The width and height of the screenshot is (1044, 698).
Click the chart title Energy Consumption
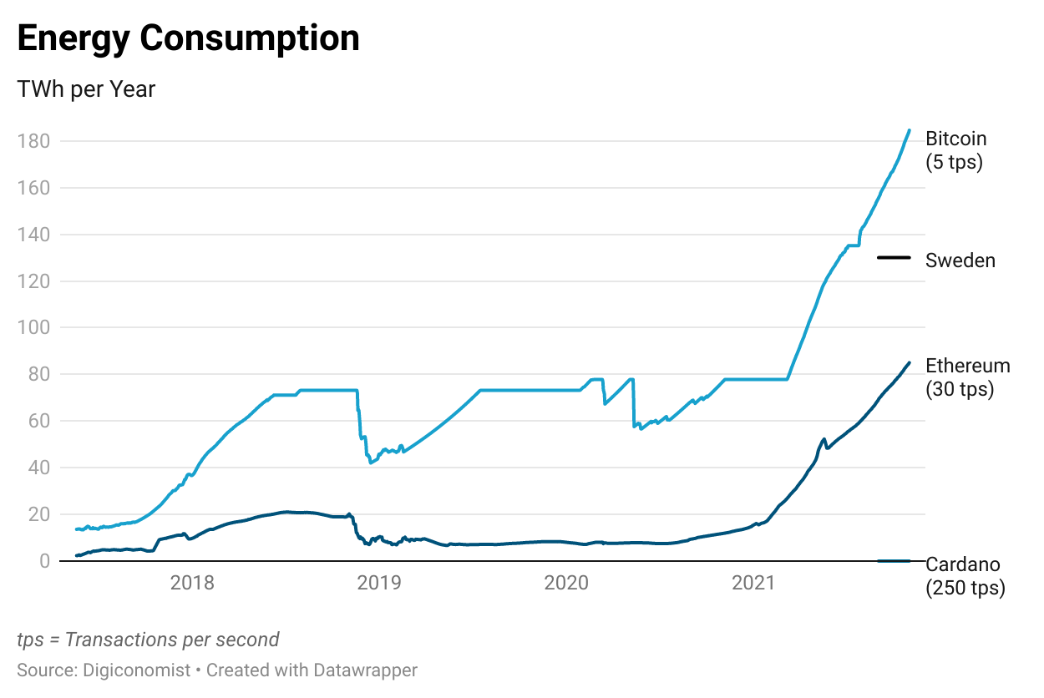click(x=188, y=39)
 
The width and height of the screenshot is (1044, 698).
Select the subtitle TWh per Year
click(x=86, y=89)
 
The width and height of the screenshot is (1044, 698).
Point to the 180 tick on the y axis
click(x=33, y=141)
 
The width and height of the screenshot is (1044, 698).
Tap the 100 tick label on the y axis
click(x=33, y=328)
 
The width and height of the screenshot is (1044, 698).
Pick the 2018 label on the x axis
click(x=192, y=583)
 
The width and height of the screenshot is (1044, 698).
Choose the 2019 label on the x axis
click(x=379, y=583)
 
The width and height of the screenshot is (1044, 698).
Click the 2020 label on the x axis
click(x=567, y=583)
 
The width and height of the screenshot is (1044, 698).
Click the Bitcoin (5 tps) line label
click(x=956, y=150)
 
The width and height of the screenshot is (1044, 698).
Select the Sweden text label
click(x=960, y=260)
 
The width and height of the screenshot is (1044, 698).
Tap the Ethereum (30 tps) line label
click(x=968, y=377)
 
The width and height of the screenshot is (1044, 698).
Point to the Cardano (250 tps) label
click(x=965, y=576)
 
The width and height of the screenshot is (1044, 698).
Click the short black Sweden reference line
click(x=894, y=257)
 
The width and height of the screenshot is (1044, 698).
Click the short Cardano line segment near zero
click(x=894, y=560)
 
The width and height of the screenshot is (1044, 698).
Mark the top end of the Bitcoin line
click(x=909, y=130)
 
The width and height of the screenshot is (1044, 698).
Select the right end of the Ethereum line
click(x=909, y=362)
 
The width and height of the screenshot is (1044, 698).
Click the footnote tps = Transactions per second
click(x=148, y=640)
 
